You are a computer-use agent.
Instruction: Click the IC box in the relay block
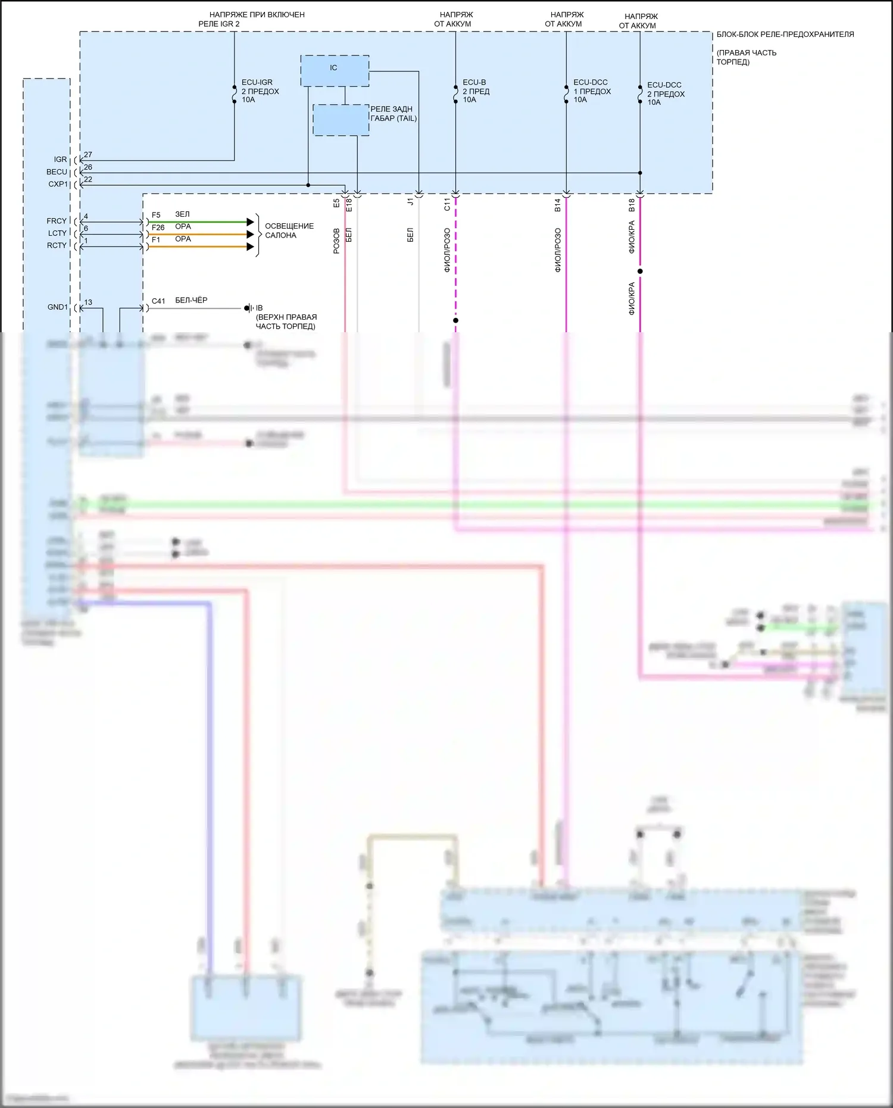(x=335, y=71)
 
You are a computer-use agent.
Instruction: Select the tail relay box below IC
(x=341, y=120)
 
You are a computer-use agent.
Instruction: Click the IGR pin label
(x=60, y=160)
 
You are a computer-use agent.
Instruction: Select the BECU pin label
(x=57, y=172)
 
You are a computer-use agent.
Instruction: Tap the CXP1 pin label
(x=58, y=185)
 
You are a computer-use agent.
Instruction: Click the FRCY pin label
(x=57, y=221)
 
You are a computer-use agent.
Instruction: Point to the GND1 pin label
(x=57, y=307)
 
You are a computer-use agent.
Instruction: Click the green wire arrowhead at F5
(x=251, y=222)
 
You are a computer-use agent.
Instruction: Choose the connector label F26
(x=158, y=227)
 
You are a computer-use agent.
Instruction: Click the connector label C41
(x=158, y=301)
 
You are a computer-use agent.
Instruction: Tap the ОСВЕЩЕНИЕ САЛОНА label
(x=289, y=230)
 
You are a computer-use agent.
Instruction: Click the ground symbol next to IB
(x=248, y=308)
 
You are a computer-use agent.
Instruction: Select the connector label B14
(x=558, y=205)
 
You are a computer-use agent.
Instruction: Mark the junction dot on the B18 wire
(x=640, y=271)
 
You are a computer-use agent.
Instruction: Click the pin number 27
(x=88, y=155)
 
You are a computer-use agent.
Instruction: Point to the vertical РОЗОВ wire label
(x=336, y=241)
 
